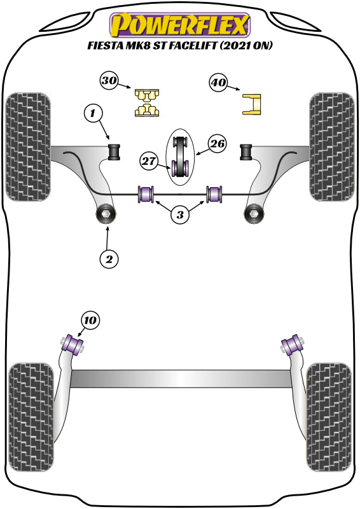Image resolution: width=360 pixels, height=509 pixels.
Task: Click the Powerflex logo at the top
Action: coord(180,25)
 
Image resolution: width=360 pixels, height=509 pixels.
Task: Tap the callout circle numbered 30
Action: coord(109,81)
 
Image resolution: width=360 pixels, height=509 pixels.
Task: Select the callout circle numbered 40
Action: coord(218,82)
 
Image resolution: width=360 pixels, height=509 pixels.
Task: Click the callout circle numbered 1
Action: coord(93,115)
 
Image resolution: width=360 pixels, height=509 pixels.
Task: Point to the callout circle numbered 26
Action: coord(218,144)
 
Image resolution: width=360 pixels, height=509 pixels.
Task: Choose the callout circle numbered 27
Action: coord(149,162)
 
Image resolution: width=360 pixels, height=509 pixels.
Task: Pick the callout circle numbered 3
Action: coord(180,216)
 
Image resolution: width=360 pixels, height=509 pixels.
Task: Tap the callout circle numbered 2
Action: coord(109,259)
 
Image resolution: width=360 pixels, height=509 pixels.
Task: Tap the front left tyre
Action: coord(29,146)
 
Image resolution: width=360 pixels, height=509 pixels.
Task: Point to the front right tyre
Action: coord(331,146)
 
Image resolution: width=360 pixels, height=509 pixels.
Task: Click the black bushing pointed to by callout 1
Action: coord(115,152)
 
